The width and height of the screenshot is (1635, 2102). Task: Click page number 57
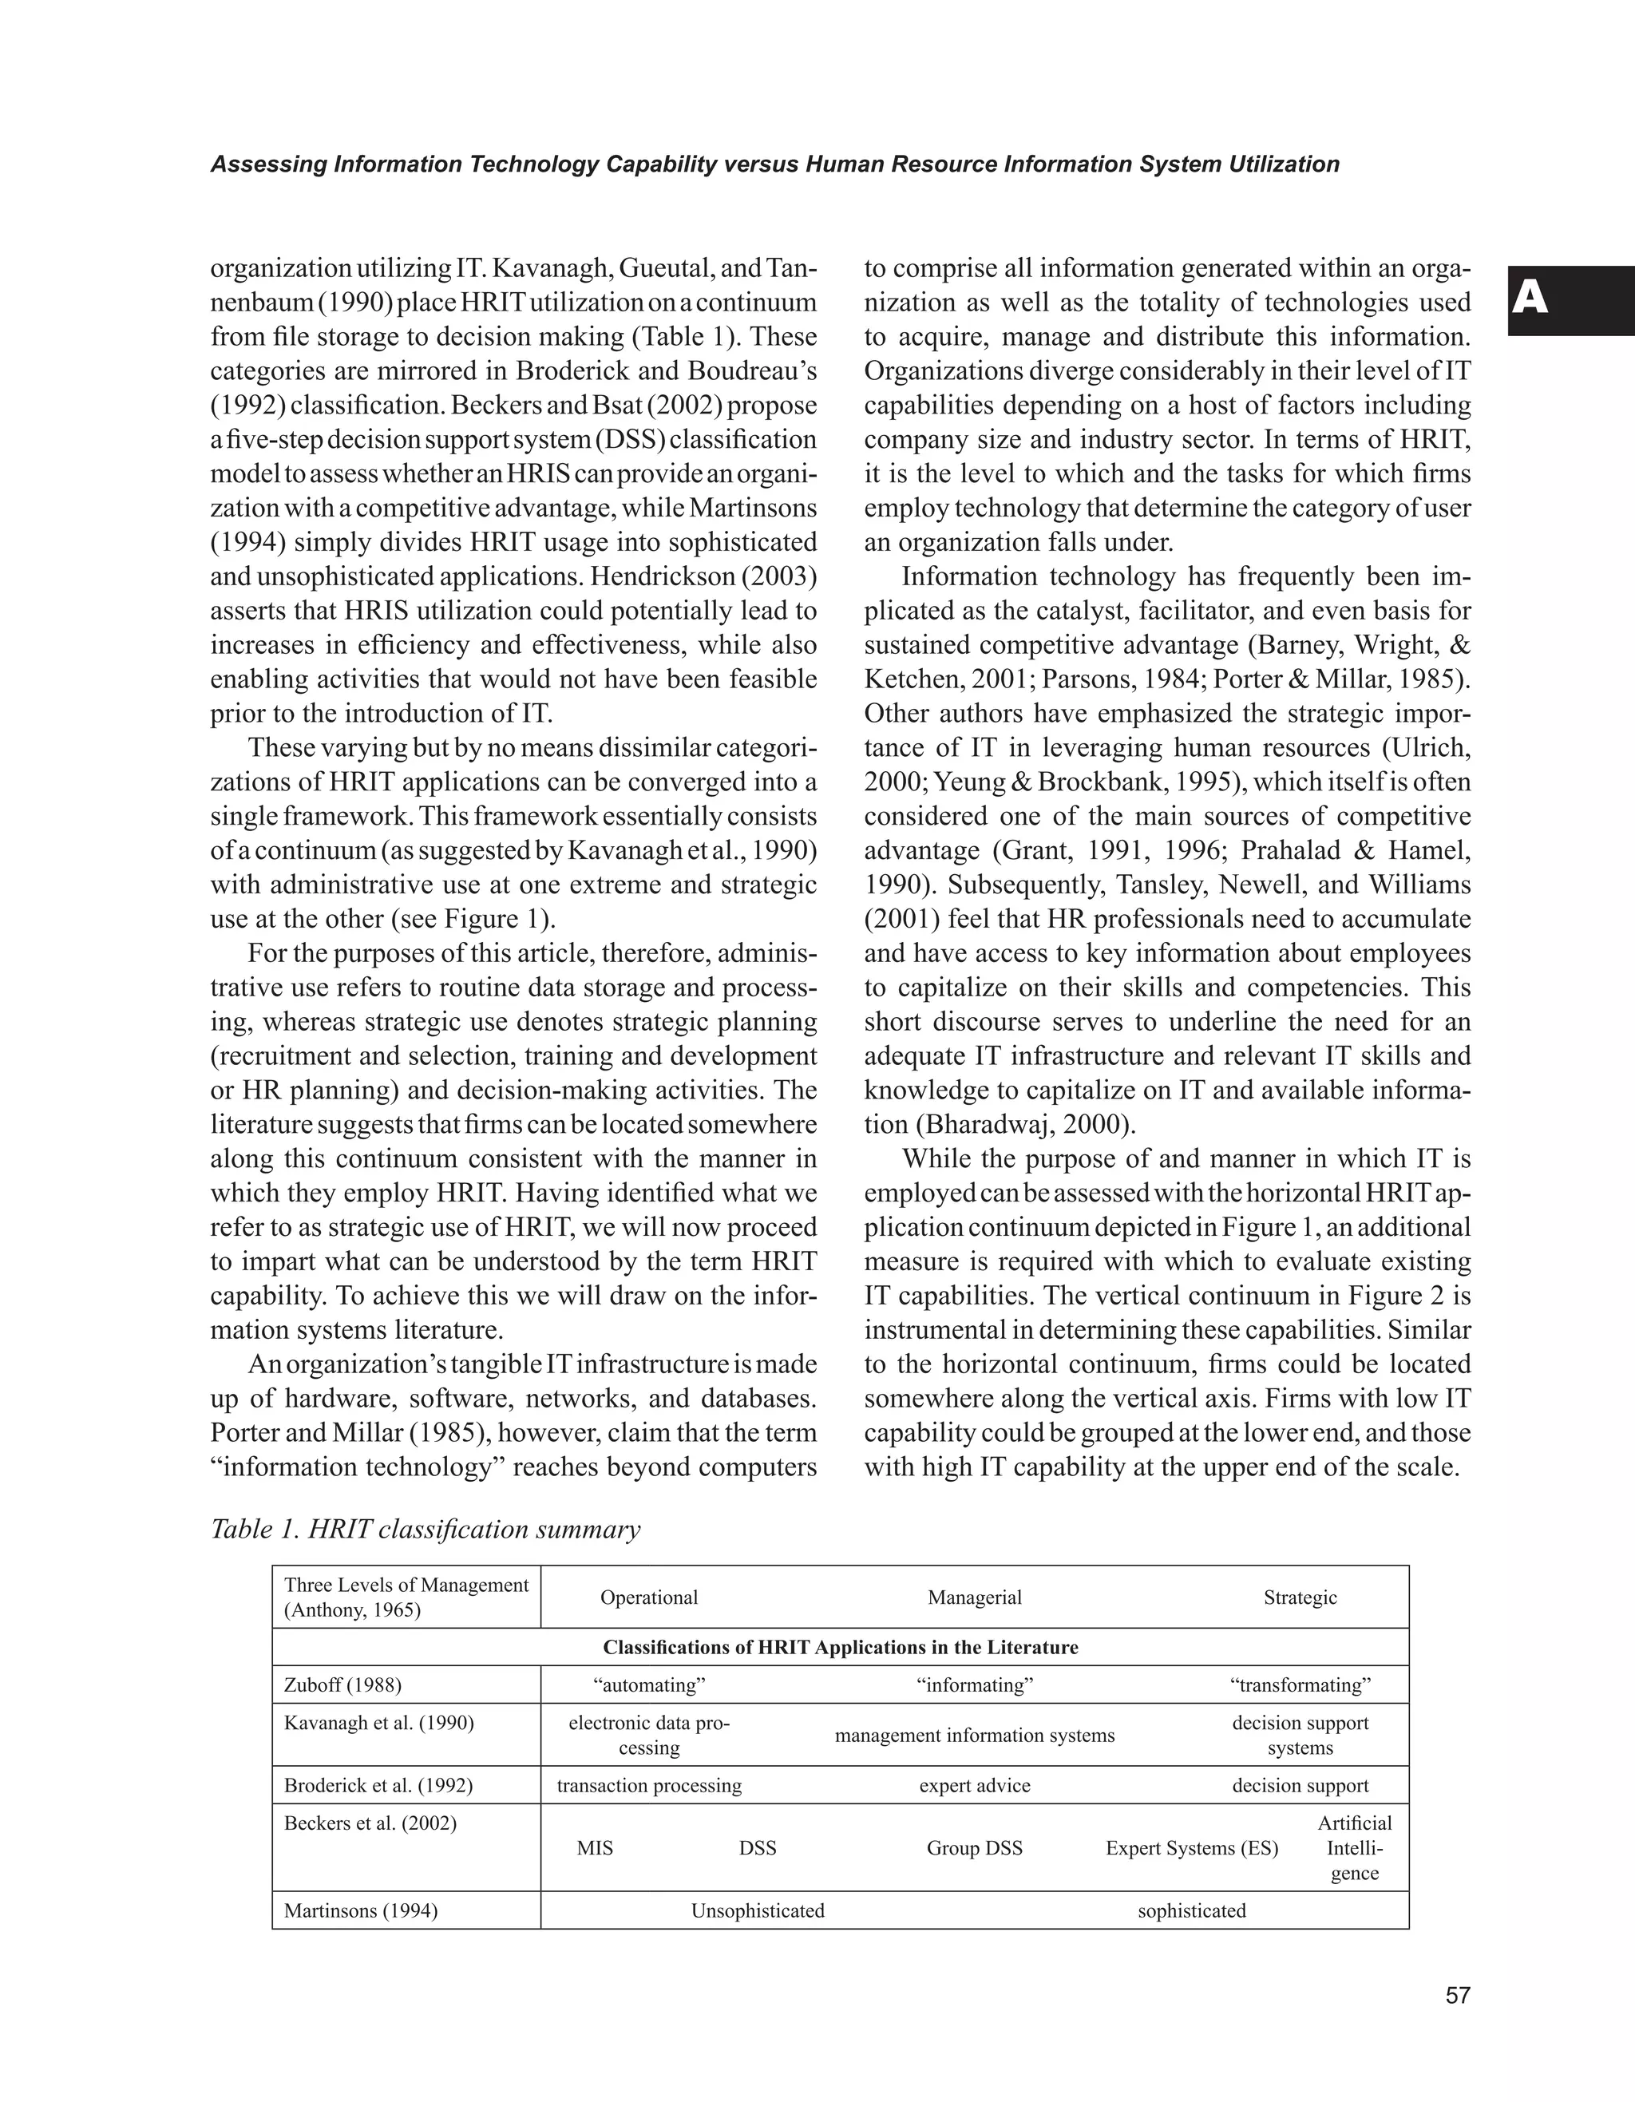1457,1995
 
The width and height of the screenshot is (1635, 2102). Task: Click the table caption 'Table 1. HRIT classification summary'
426,1530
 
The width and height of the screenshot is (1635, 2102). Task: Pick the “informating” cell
974,1684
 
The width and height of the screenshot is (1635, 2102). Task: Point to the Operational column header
648,1597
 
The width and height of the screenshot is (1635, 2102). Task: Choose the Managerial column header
974,1597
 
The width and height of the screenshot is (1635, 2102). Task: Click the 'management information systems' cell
974,1736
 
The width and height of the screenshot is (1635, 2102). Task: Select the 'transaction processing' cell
648,1785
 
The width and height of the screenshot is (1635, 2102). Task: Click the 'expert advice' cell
974,1785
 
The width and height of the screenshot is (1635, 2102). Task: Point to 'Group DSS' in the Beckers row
974,1848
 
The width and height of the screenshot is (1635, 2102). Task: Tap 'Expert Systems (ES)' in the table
1191,1848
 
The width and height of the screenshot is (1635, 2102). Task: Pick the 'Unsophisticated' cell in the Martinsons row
758,1910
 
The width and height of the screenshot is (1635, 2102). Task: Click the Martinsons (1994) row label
361,1910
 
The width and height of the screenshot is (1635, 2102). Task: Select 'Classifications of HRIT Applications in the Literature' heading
840,1647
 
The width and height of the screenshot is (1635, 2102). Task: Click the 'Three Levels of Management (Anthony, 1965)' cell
406,1597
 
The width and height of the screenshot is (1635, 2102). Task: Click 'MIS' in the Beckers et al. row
595,1848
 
